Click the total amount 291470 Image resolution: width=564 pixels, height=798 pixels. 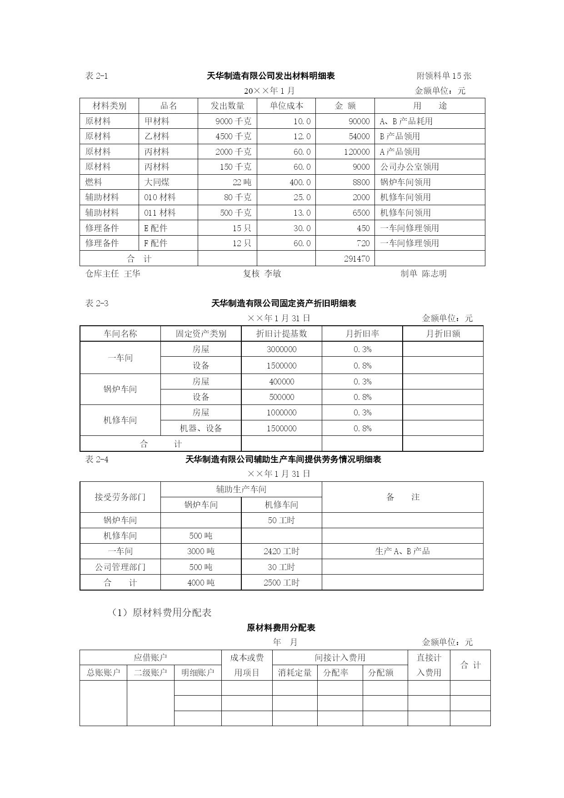pos(356,259)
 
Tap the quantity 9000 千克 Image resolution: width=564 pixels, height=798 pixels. pos(233,121)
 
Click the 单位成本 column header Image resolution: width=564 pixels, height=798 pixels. pos(286,106)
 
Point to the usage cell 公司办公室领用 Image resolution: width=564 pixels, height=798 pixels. pos(409,167)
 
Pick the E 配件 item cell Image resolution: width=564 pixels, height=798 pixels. pos(155,228)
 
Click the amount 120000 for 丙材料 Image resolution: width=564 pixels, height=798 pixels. pos(356,152)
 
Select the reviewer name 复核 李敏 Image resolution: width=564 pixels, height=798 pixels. pos(262,273)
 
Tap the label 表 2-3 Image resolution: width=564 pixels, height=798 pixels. pos(97,303)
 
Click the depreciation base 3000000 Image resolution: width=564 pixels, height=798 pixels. pos(281,349)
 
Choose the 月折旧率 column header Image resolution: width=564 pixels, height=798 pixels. pos(362,334)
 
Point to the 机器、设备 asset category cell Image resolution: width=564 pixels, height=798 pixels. pos(201,428)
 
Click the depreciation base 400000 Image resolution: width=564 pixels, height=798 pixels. pos(281,382)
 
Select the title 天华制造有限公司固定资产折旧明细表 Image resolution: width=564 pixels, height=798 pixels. pos(284,303)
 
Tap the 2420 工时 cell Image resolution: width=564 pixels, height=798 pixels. pos(281,551)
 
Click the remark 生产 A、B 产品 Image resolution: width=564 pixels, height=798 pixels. pos(402,551)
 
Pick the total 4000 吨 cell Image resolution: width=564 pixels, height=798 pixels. pos(201,583)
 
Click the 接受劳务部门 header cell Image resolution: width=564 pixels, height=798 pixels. pos(120,497)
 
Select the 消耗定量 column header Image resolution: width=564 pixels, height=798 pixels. pos(294,673)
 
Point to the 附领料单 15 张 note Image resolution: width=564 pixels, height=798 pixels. pos(444,76)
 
